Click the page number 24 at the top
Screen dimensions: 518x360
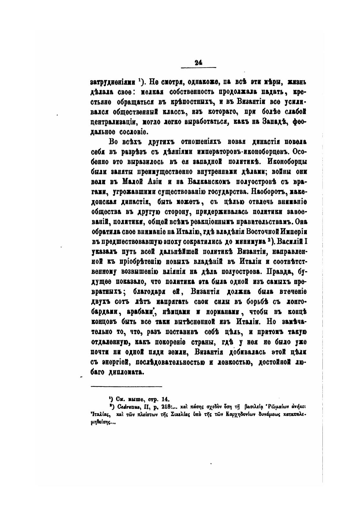click(198, 63)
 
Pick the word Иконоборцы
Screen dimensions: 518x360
click(287, 161)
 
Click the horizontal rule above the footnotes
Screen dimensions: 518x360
click(126, 386)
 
